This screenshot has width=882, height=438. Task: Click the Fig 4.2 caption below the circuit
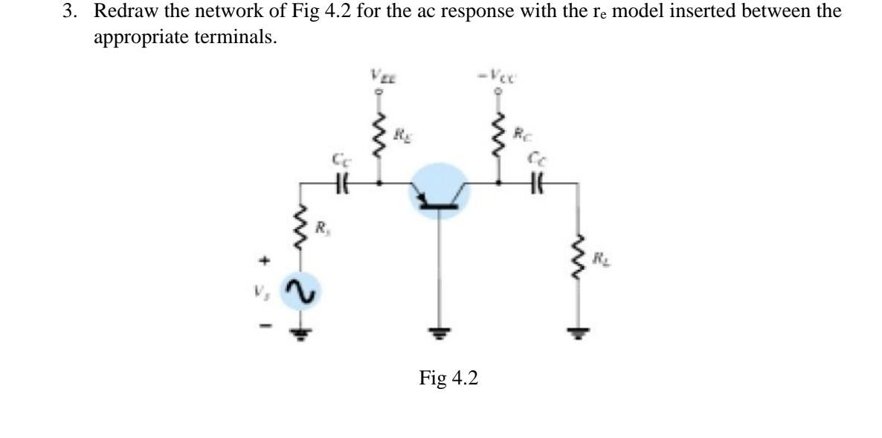pyautogui.click(x=448, y=378)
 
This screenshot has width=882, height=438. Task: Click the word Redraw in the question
pyautogui.click(x=117, y=13)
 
